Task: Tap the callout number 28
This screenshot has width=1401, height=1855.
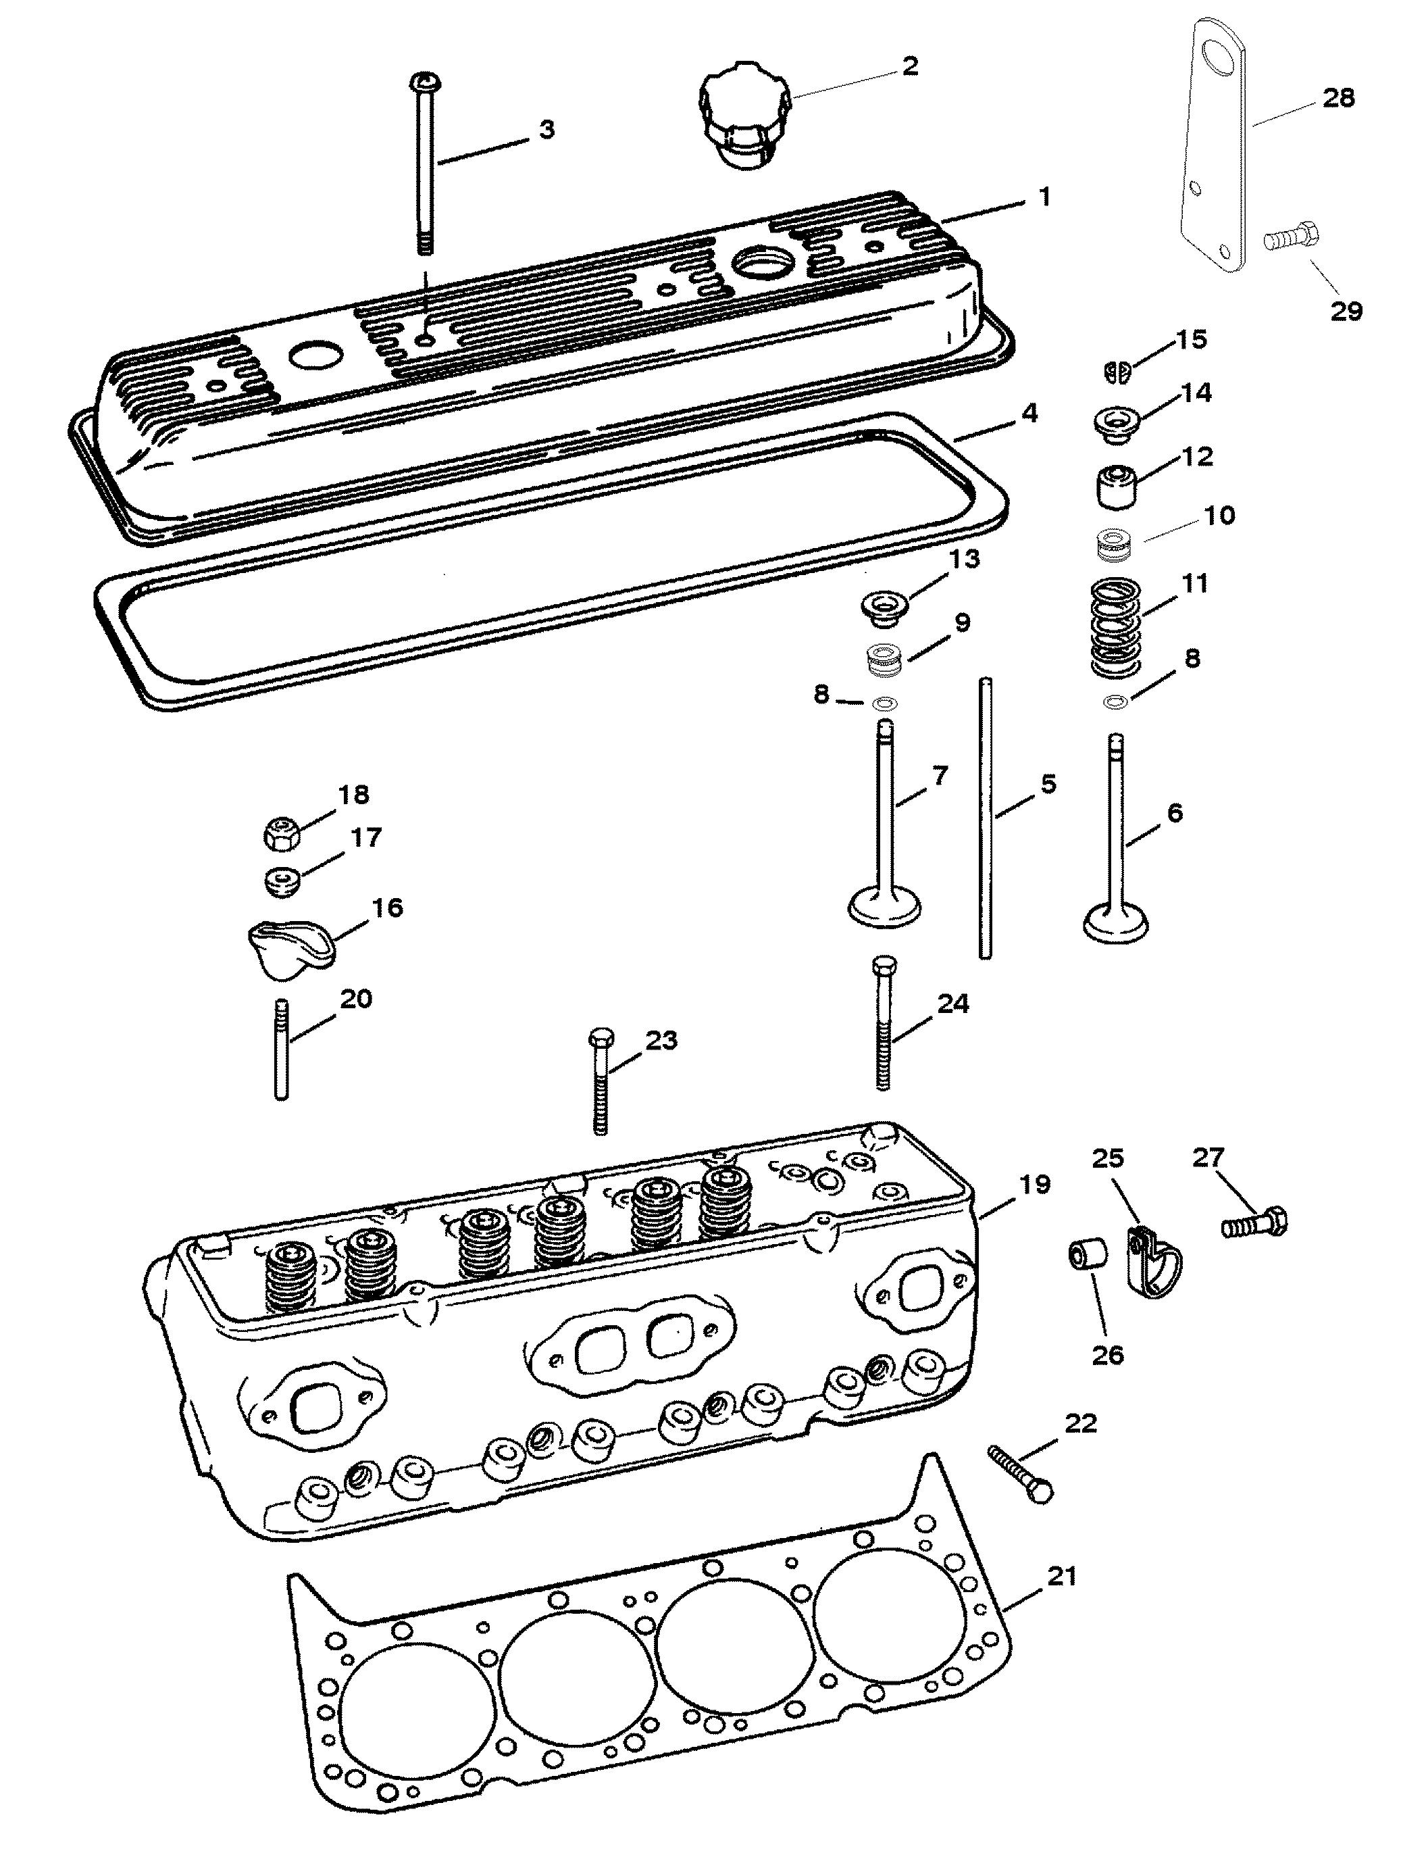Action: click(x=1339, y=98)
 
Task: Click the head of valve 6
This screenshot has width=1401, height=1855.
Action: click(x=1115, y=922)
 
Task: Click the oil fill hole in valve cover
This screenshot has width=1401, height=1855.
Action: click(x=761, y=264)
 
